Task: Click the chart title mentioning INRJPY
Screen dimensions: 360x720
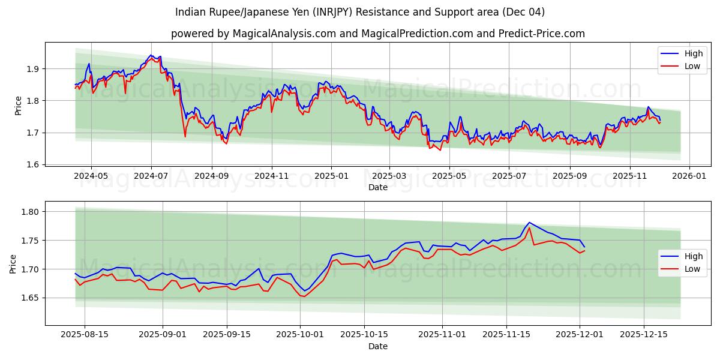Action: coord(360,12)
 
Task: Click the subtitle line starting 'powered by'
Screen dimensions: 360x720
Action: coord(378,34)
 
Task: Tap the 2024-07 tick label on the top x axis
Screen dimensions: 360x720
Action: coord(151,176)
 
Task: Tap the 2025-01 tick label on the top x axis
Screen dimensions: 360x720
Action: coord(331,176)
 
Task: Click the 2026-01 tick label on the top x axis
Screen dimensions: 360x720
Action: coord(689,176)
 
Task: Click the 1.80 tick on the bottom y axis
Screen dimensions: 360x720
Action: coord(29,212)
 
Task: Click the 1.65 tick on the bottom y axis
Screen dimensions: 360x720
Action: coord(29,298)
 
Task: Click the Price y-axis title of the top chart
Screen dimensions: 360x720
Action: coord(18,106)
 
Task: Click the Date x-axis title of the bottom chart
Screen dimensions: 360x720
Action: coord(378,347)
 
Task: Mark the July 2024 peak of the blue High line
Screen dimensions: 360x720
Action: coord(151,55)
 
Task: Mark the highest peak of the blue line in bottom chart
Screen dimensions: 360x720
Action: coord(529,223)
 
